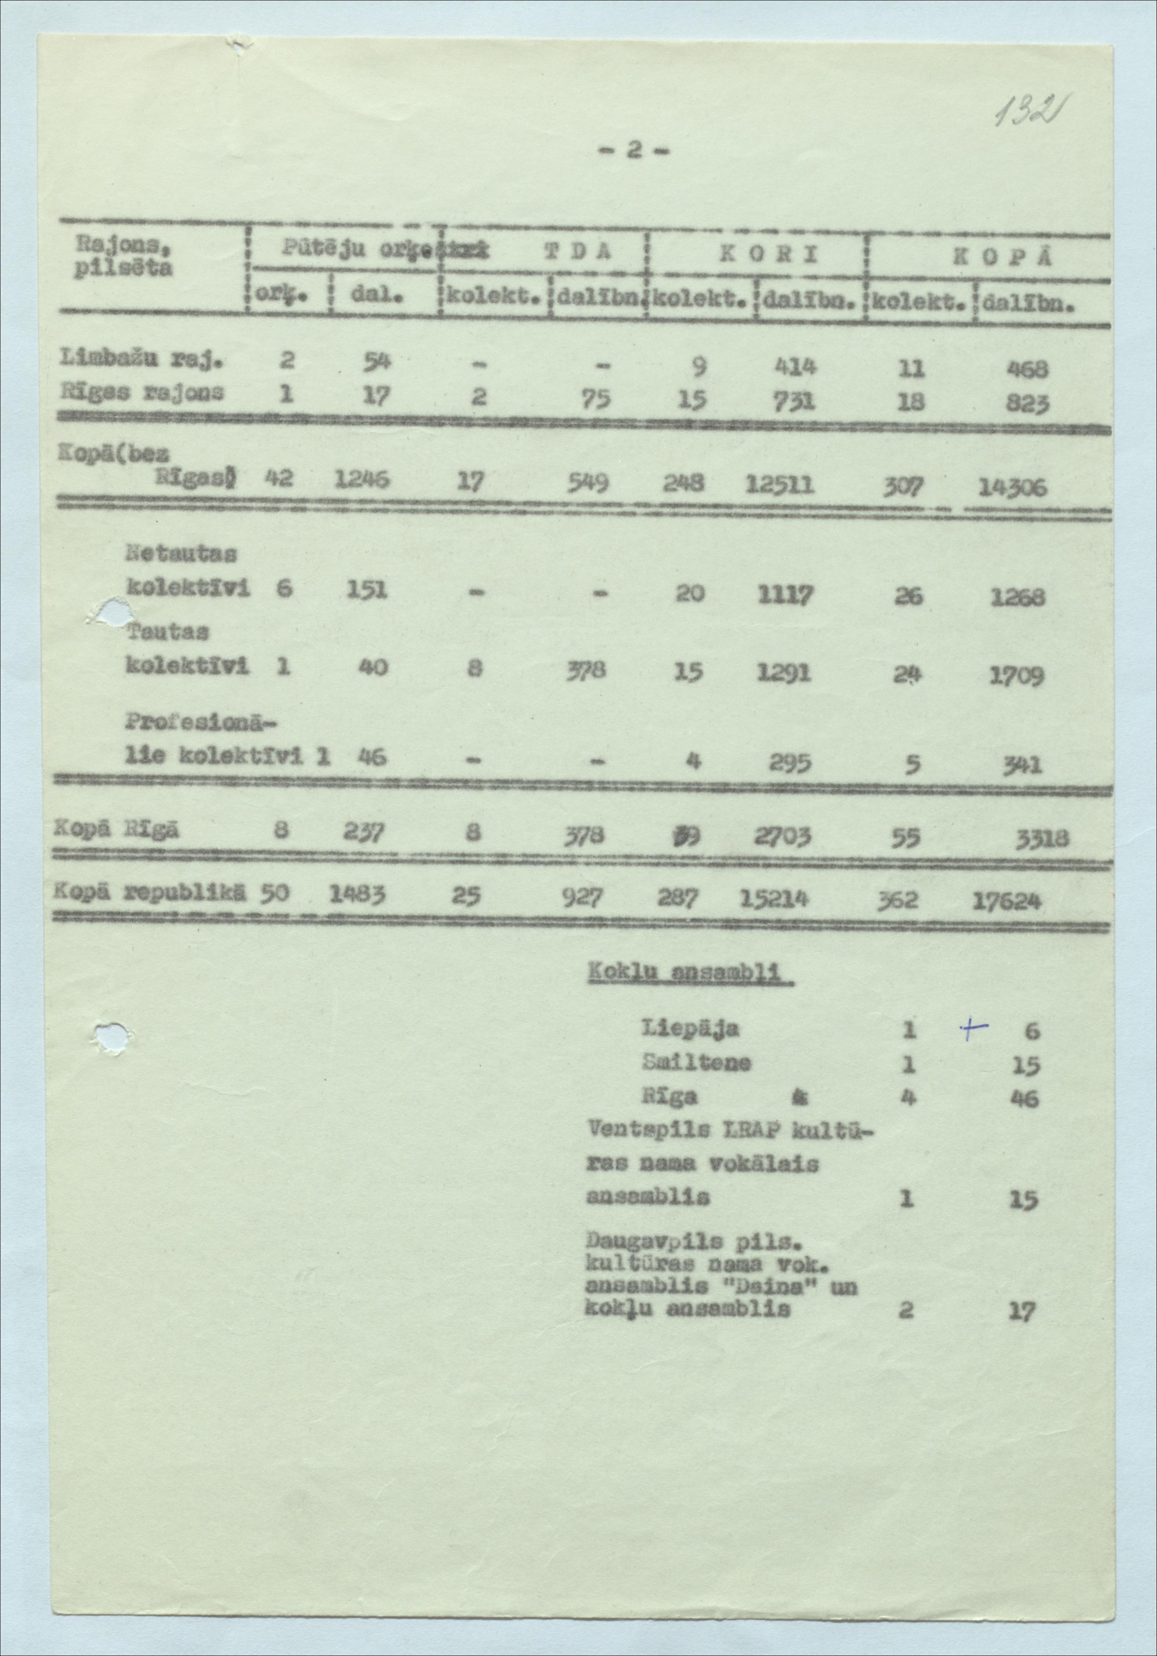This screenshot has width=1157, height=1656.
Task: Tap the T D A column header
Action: coord(578,252)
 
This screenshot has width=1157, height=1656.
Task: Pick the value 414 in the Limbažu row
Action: coord(794,369)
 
